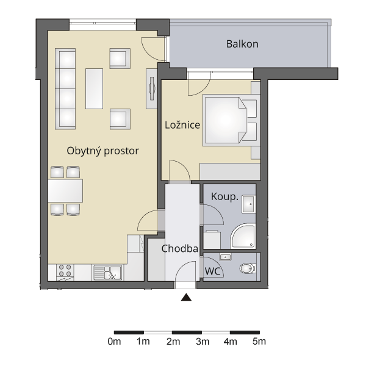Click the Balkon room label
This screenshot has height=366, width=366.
pos(242,44)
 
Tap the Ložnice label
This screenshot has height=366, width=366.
pos(182,125)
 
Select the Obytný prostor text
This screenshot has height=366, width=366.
pos(102,151)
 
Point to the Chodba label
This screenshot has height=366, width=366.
pos(180,249)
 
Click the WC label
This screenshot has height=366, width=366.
pos(213,271)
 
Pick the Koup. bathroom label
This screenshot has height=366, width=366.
pos(224,196)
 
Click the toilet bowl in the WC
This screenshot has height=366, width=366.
pos(248,268)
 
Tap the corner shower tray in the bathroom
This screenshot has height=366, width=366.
pos(243,236)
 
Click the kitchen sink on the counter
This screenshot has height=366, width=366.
pos(107,273)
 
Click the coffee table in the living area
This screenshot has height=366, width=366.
pos(94,88)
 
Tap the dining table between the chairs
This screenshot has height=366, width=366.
pos(65,190)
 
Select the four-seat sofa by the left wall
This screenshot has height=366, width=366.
pos(65,88)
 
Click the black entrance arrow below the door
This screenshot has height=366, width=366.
pos(186,297)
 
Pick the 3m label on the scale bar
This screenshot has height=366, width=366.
pos(203,342)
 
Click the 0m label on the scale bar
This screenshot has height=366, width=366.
pos(115,342)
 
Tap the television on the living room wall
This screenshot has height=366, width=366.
pos(152,88)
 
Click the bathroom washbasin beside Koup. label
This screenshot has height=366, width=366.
pos(248,204)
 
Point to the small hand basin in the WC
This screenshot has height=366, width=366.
pos(225,257)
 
